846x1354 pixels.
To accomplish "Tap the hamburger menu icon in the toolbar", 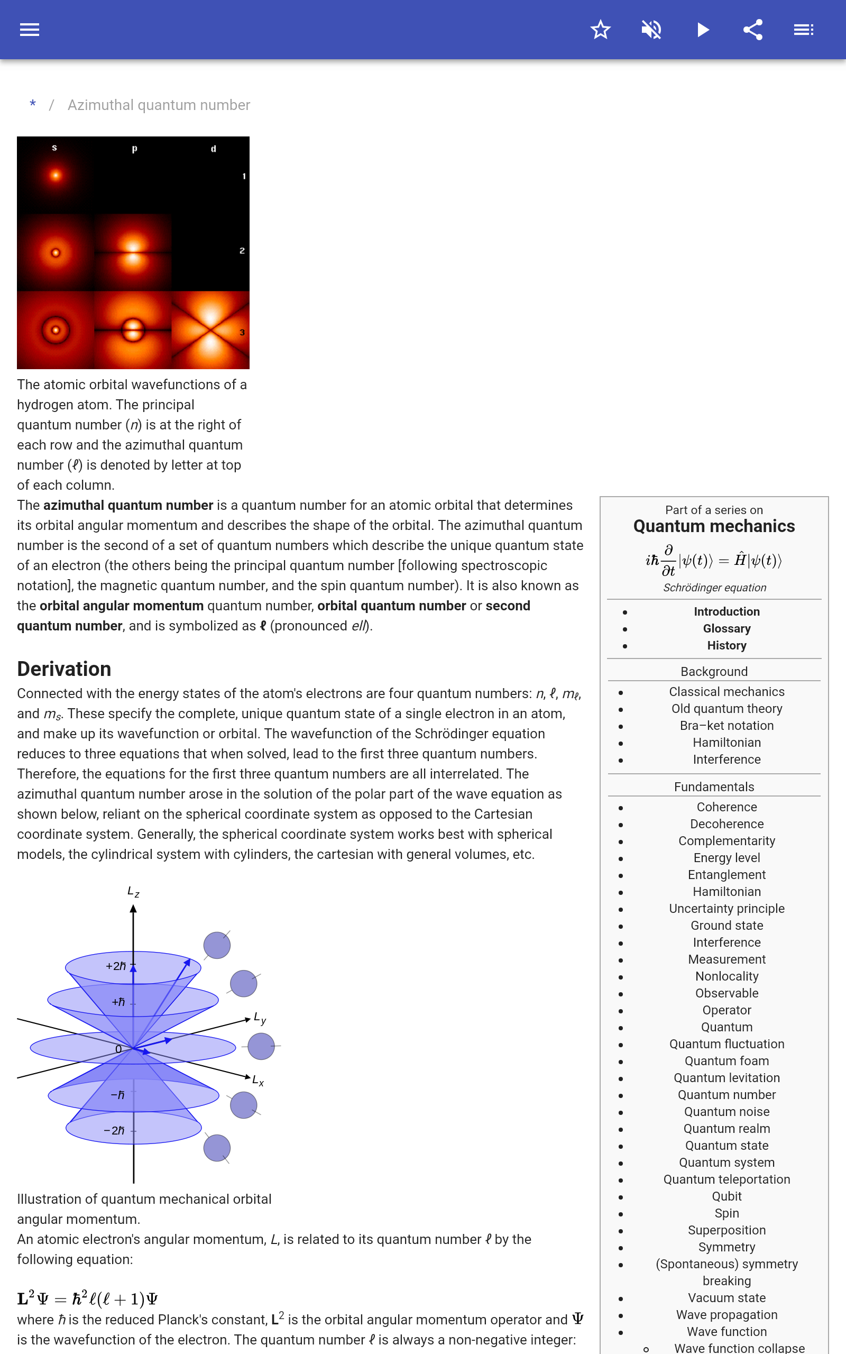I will point(30,30).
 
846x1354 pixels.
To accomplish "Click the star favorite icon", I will point(600,30).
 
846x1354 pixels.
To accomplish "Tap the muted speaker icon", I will point(651,30).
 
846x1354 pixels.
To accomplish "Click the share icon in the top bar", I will point(753,30).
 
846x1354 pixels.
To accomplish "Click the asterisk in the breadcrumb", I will point(33,105).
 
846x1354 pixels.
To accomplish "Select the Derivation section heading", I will point(65,669).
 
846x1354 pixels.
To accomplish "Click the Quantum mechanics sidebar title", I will point(714,526).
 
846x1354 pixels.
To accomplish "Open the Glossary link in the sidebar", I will point(727,629).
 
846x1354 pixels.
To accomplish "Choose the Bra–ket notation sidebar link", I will point(727,726).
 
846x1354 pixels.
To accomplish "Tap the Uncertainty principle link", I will point(727,909).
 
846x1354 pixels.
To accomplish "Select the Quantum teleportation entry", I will point(727,1179).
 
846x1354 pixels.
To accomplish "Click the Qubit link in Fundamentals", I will point(727,1196).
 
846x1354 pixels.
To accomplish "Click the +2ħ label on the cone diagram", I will point(116,966).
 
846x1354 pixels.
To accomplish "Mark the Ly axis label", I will point(260,1018).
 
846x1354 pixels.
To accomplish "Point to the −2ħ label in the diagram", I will point(114,1131).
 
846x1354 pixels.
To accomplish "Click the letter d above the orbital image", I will point(213,149).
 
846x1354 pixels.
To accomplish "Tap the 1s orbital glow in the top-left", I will point(56,176).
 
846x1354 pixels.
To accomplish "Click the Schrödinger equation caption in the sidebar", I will point(714,588).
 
